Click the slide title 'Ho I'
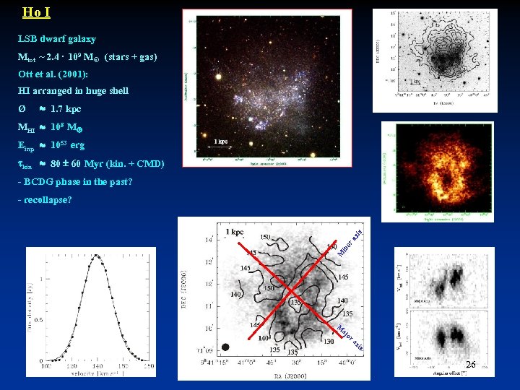36,12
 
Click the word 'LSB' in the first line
27,39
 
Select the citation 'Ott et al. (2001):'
53,74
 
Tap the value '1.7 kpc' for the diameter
66,109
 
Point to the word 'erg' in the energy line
77,145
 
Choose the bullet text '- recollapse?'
44,199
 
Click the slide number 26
471,365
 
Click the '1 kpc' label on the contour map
235,232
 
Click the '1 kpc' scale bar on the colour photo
221,142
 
